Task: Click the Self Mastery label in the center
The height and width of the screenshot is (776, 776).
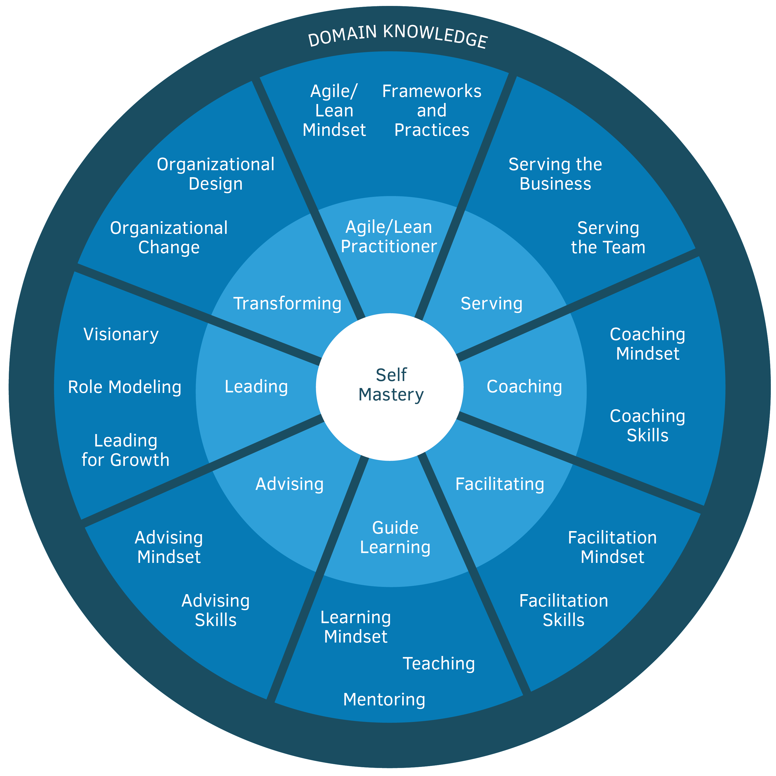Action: coord(391,385)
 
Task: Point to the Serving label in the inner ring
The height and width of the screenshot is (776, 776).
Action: coord(492,304)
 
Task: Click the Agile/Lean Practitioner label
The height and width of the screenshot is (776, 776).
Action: coord(389,237)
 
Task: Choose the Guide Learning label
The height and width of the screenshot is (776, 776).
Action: coord(395,538)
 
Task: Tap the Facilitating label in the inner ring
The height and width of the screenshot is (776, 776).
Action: coord(500,484)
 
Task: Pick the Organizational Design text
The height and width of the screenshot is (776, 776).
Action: coord(216,174)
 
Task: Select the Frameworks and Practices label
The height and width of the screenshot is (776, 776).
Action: coord(432,110)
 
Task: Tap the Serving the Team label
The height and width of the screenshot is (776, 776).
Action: coord(608,237)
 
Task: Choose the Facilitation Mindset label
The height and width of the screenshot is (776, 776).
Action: coord(612,547)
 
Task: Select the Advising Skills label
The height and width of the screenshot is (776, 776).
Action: coord(216,610)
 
